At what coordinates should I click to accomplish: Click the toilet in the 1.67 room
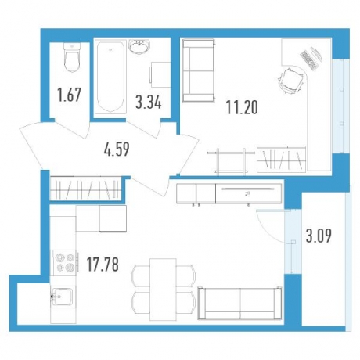(72, 57)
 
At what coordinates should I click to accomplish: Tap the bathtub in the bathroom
(110, 77)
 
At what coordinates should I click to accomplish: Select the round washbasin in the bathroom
(139, 47)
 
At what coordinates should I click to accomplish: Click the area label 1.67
(70, 95)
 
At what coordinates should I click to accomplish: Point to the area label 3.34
(149, 102)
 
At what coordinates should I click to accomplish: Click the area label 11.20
(242, 107)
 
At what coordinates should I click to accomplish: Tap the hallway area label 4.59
(117, 149)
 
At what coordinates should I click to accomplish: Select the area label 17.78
(103, 265)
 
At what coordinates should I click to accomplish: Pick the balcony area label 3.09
(319, 236)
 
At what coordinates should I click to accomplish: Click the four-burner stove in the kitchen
(63, 262)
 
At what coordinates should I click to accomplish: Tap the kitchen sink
(63, 297)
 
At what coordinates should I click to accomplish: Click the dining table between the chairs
(163, 290)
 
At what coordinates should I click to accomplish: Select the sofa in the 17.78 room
(239, 304)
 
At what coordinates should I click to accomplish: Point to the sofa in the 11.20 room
(198, 70)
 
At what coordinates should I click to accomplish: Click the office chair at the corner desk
(291, 81)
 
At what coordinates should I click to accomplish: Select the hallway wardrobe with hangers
(86, 189)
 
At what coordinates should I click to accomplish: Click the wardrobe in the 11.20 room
(281, 159)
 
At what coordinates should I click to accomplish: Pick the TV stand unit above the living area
(229, 193)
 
